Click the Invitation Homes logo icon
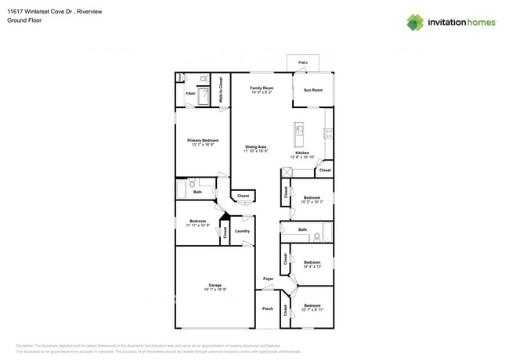tap(414, 22)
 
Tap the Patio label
tap(302, 61)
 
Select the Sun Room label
tap(312, 90)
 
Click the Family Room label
tap(262, 88)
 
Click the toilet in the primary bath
tap(204, 79)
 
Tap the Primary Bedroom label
tap(202, 140)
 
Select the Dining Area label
tap(256, 146)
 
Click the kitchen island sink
tap(299, 132)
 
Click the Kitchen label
tap(301, 153)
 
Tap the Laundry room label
tap(242, 231)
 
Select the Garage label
tap(215, 285)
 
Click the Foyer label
tap(268, 279)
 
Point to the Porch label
tap(268, 308)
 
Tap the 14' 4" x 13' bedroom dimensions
tap(312, 267)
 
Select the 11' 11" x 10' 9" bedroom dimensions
tap(197, 225)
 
